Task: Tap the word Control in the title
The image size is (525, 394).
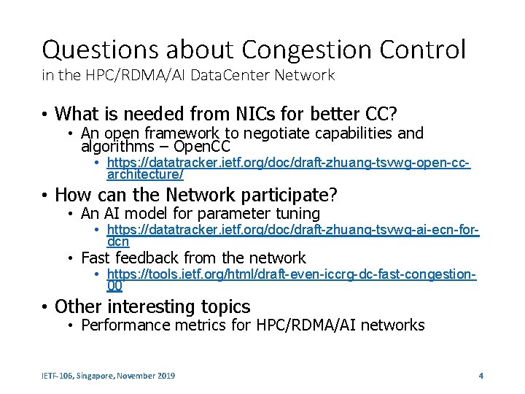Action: (x=427, y=50)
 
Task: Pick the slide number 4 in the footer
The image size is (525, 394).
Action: (x=481, y=376)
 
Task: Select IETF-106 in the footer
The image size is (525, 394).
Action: (x=58, y=376)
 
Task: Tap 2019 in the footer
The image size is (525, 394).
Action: (x=166, y=376)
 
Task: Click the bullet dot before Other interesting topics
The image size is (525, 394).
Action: (x=45, y=307)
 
